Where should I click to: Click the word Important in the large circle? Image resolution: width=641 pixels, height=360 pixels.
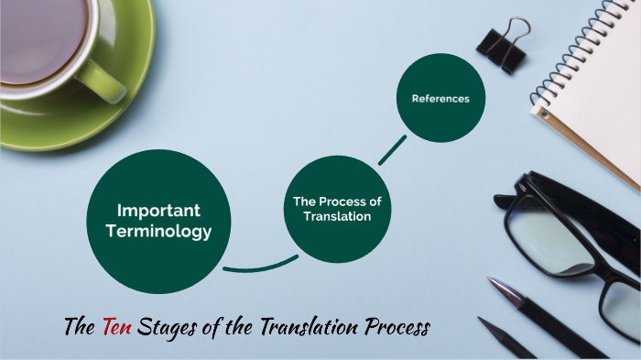coord(158,211)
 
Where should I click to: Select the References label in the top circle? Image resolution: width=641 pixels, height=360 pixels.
coord(440,99)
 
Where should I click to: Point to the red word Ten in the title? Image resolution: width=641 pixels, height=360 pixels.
coord(118,326)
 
